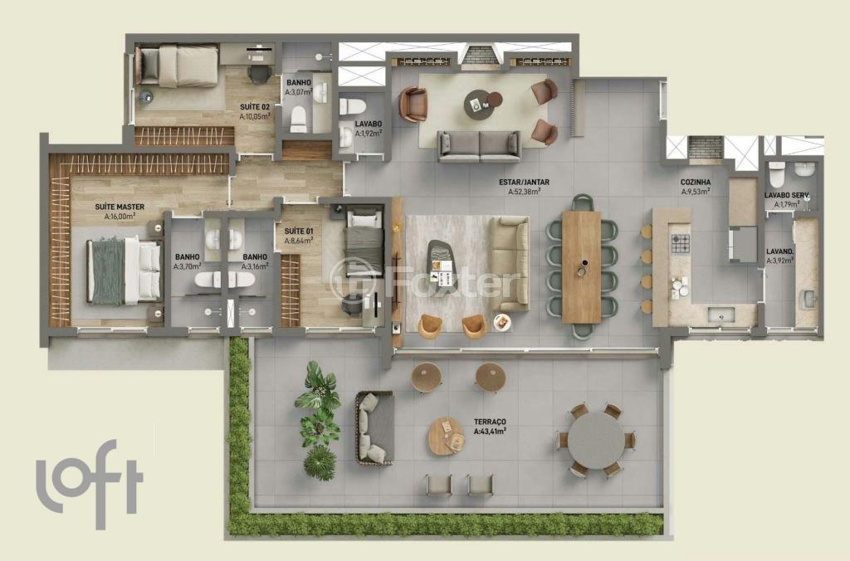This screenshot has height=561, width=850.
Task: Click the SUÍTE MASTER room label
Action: point(120,207)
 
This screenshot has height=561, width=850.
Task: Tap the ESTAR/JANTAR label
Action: point(524,182)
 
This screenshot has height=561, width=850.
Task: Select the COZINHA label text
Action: point(696,182)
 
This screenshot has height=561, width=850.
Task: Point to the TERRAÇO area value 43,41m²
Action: point(490,432)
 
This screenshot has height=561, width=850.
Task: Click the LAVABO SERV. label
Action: point(787,195)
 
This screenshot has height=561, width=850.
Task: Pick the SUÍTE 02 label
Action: point(255,107)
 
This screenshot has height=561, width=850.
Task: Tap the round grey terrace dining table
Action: point(597,440)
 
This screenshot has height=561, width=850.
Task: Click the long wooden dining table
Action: point(581,266)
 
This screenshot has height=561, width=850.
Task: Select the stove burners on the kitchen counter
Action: point(681,243)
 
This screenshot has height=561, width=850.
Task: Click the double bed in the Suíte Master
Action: point(125,271)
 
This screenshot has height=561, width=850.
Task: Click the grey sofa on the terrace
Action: point(374,427)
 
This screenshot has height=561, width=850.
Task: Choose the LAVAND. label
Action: point(780,251)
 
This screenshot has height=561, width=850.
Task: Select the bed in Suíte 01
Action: point(365,241)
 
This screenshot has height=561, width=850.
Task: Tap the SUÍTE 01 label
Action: point(299,231)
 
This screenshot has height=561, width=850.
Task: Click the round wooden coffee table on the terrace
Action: point(446,436)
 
